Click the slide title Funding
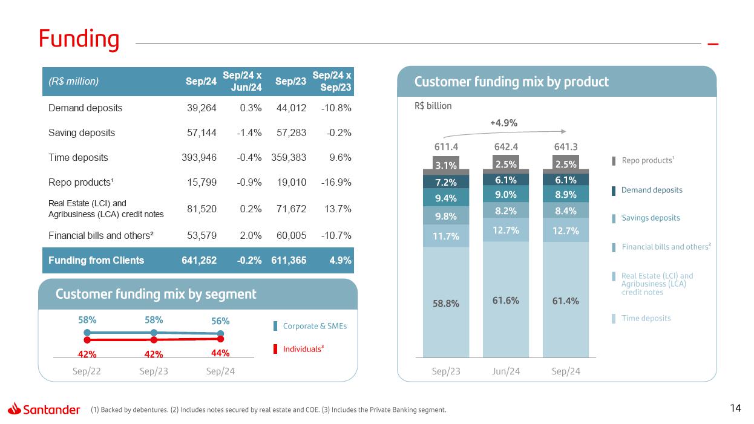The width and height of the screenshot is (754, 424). point(79,39)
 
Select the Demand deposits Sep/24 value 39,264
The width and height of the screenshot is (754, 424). point(199,108)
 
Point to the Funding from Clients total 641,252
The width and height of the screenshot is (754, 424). point(199,260)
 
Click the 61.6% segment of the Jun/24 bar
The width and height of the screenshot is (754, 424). point(505,300)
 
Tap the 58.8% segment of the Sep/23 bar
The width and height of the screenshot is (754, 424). point(446,304)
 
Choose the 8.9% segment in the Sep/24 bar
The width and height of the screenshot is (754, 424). point(566,194)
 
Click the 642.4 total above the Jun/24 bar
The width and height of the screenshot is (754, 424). point(505,146)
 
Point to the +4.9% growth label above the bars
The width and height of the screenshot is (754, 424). point(503,123)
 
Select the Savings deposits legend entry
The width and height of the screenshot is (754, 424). point(651,218)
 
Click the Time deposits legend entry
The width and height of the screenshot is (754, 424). point(646,318)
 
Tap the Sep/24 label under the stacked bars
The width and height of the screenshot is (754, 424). point(566,371)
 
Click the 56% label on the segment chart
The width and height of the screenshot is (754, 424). point(220,321)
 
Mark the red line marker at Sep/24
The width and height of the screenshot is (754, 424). point(221,339)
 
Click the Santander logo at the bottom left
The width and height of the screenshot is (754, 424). point(44,409)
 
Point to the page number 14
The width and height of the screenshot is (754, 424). point(735,408)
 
